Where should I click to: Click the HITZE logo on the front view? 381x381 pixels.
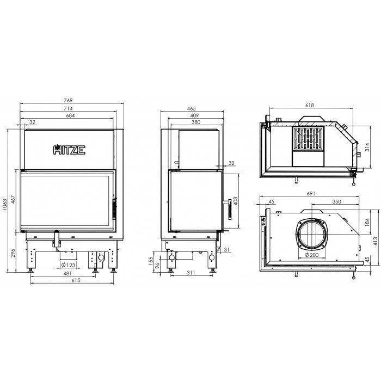coord(69,150)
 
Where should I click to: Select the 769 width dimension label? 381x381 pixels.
coord(68,100)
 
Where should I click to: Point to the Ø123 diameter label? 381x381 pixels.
coord(68,265)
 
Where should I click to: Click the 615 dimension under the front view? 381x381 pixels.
coord(76,280)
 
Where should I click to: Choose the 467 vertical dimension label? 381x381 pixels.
coord(13,201)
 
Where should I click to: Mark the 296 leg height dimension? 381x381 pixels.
coord(13,253)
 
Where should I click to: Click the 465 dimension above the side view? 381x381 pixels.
coord(192,109)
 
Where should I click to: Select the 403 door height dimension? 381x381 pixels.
coord(235,201)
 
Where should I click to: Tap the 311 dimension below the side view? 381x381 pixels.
coord(191,273)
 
